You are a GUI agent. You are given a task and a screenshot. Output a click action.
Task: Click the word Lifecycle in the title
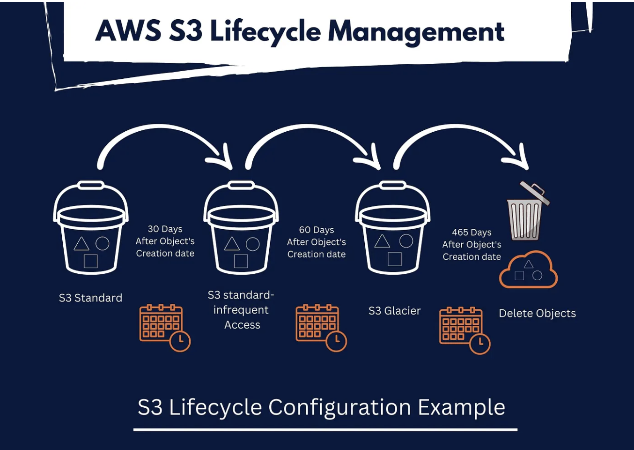pos(265,32)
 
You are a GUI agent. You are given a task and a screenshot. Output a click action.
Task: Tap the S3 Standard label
pos(90,298)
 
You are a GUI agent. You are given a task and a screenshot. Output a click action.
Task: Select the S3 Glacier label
pos(394,311)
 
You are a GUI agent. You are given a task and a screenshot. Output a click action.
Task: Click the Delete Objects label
pos(537,314)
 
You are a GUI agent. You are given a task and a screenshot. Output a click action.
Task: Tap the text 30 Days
pos(165,229)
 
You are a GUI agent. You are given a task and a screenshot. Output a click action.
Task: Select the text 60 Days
pos(317,230)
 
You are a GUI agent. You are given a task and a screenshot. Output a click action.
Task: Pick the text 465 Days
pos(472,232)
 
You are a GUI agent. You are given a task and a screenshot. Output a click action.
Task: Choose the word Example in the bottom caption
pos(461,407)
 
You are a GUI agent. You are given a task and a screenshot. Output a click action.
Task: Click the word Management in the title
pos(416,32)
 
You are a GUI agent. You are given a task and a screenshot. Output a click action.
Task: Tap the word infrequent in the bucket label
pos(241,310)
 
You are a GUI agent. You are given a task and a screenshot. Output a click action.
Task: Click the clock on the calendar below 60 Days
pos(336,341)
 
